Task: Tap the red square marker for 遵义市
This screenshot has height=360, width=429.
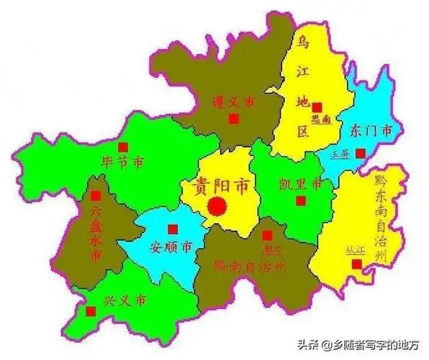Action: point(233,120)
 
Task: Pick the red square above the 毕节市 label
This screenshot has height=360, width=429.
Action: point(123,146)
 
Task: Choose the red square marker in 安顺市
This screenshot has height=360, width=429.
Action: point(171,230)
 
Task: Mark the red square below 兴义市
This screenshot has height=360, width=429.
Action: point(91,311)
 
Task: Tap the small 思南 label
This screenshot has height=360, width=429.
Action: point(320,120)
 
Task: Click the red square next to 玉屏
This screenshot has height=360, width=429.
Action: point(361,153)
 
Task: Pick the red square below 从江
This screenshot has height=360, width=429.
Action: point(356,264)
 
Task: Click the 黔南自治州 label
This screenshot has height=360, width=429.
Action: point(248,265)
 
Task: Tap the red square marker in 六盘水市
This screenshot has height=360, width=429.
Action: point(96,196)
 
